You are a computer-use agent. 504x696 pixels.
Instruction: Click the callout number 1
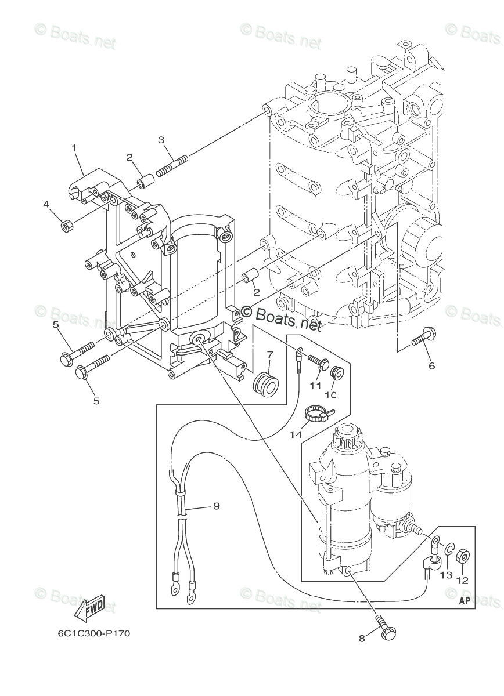(74, 148)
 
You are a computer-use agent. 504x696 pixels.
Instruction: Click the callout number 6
(431, 366)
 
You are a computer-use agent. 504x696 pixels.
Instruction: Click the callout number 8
(362, 638)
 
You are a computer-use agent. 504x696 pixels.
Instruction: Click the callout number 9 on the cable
(216, 506)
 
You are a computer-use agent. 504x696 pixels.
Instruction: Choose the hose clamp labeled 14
(320, 413)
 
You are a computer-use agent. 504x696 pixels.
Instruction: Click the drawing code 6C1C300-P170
(93, 633)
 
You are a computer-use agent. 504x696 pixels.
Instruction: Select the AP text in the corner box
(464, 601)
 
